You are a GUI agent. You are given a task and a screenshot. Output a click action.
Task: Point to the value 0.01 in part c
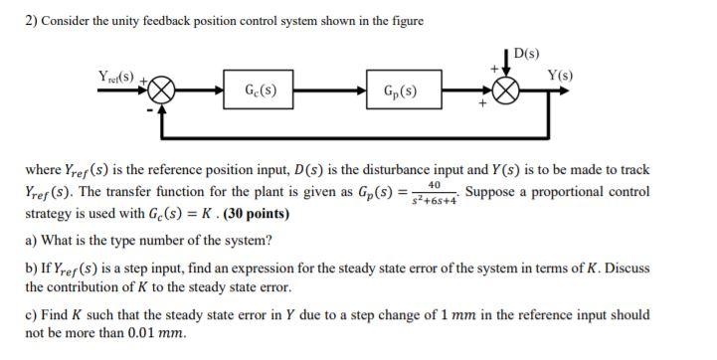pyautogui.click(x=141, y=333)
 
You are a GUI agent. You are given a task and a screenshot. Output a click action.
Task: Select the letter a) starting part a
pyautogui.click(x=31, y=240)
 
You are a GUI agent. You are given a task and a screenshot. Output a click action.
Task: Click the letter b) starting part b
pyautogui.click(x=31, y=268)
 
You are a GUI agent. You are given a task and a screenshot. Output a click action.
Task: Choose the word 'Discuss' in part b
pyautogui.click(x=623, y=268)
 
